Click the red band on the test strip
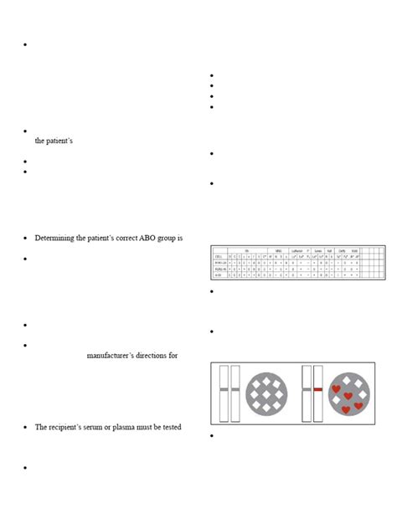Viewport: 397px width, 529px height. [x=318, y=389]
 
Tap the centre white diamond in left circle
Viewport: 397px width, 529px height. [x=267, y=393]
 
